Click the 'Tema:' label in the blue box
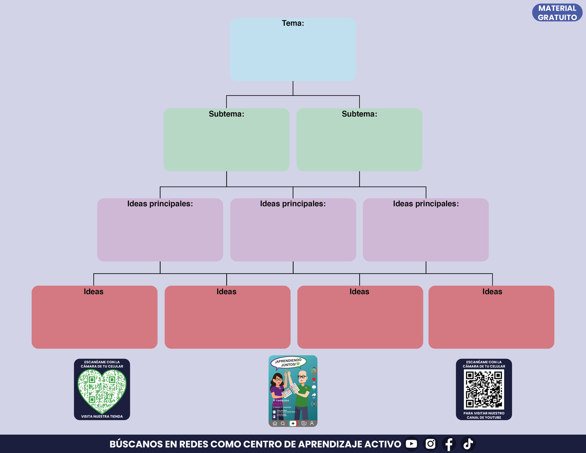(x=293, y=24)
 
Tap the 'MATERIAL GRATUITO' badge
(x=557, y=13)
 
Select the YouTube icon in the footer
(x=411, y=444)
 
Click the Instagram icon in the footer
(x=430, y=444)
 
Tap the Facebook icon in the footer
(x=449, y=444)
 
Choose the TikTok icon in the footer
(x=468, y=444)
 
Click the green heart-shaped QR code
(x=102, y=390)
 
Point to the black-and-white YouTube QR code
(x=484, y=389)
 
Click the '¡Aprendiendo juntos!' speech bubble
(x=288, y=363)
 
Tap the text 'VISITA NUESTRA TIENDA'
(x=102, y=417)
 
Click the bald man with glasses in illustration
(x=302, y=393)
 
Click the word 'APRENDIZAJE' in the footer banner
(x=330, y=444)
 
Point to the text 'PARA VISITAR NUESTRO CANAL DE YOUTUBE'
(x=484, y=415)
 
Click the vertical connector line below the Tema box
(x=293, y=88)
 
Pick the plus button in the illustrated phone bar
(x=293, y=423)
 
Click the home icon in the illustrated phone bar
(x=275, y=423)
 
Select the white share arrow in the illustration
(x=313, y=395)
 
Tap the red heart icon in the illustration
(x=313, y=380)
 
